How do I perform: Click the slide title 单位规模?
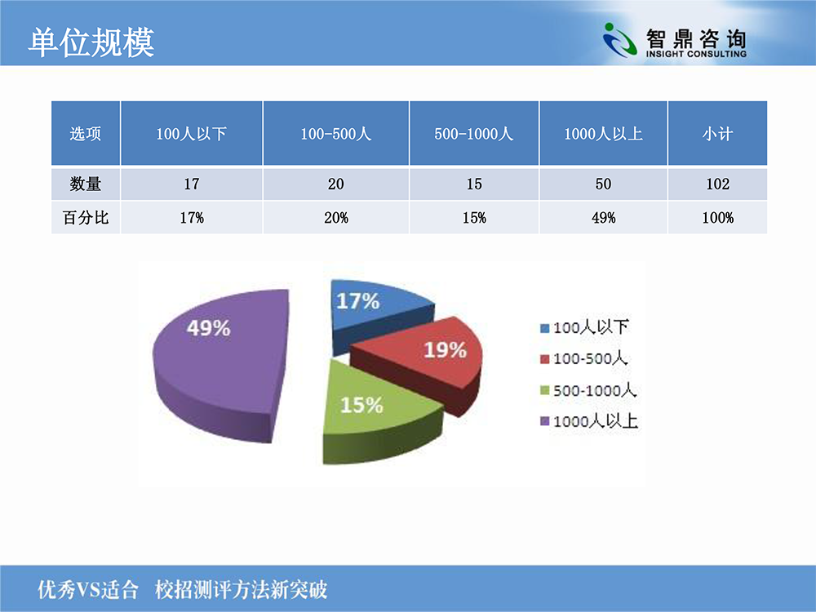[x=91, y=42]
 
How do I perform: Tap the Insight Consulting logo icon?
[x=620, y=39]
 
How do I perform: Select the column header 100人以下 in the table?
[x=191, y=134]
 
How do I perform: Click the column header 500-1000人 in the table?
[x=473, y=134]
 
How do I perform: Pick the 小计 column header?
[x=717, y=134]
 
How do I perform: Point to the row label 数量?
[x=86, y=184]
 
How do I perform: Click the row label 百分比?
[x=86, y=217]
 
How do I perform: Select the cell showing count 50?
[x=603, y=184]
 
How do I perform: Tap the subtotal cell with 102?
[x=717, y=184]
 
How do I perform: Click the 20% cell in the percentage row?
[x=336, y=218]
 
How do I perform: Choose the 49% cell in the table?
[x=604, y=218]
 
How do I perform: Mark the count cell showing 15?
[x=474, y=184]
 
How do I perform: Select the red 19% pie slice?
[x=427, y=359]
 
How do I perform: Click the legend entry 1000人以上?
[x=590, y=421]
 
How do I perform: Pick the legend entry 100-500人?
[x=584, y=358]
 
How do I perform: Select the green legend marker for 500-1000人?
[x=545, y=390]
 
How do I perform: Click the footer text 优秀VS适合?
[x=88, y=590]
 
